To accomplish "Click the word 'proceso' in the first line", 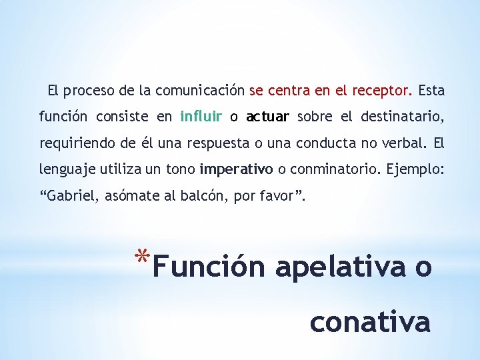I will click(87, 90).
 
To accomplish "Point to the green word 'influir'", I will click(201, 117).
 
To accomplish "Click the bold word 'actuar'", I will click(267, 117).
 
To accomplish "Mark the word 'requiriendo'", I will click(71, 143).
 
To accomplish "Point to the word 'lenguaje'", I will click(66, 170).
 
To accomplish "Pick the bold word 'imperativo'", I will click(236, 170).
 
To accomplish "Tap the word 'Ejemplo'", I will click(412, 170).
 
